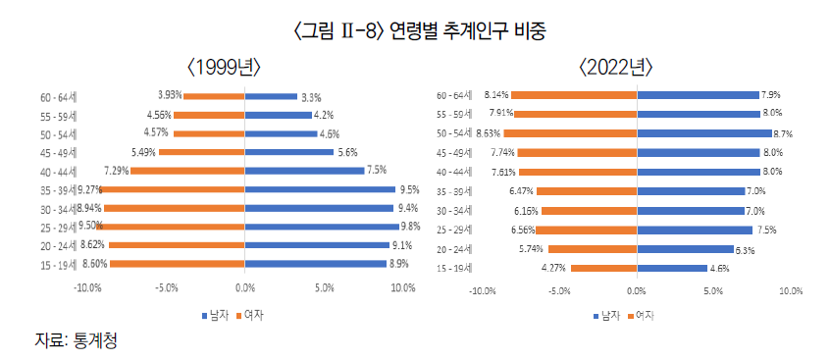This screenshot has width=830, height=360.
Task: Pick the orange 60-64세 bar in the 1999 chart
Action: click(214, 96)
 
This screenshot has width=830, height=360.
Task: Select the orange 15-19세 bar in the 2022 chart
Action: click(603, 268)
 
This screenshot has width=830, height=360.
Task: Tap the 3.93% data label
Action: click(170, 95)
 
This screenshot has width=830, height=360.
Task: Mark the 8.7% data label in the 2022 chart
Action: click(783, 133)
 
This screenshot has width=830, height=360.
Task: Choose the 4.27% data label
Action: click(555, 268)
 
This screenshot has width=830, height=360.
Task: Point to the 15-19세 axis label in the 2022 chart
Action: click(455, 268)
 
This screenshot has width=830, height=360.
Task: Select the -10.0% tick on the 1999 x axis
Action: click(88, 288)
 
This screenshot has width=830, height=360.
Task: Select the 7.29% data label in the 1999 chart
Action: click(116, 171)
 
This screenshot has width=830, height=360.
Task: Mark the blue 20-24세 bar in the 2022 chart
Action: click(685, 249)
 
